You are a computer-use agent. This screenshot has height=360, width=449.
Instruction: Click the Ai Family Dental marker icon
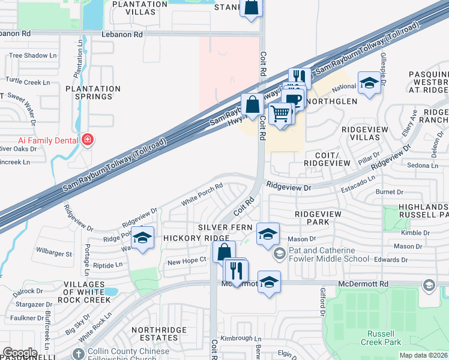coord(88,140)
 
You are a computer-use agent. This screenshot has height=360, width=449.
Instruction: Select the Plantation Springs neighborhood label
coord(93,92)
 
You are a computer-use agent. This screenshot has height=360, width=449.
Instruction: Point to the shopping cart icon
coord(280,112)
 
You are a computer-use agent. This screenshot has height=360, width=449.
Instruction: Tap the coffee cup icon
coord(293,99)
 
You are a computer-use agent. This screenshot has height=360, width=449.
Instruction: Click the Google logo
coord(20,353)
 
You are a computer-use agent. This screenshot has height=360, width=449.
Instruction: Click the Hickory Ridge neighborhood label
coord(188,238)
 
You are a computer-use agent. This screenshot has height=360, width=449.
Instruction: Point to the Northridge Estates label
coord(154,334)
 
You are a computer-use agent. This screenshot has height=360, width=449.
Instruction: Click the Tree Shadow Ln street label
coord(32,56)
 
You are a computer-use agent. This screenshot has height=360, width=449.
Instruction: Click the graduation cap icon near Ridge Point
coord(142,238)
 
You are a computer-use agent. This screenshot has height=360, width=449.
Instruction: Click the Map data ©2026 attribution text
coord(423,355)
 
